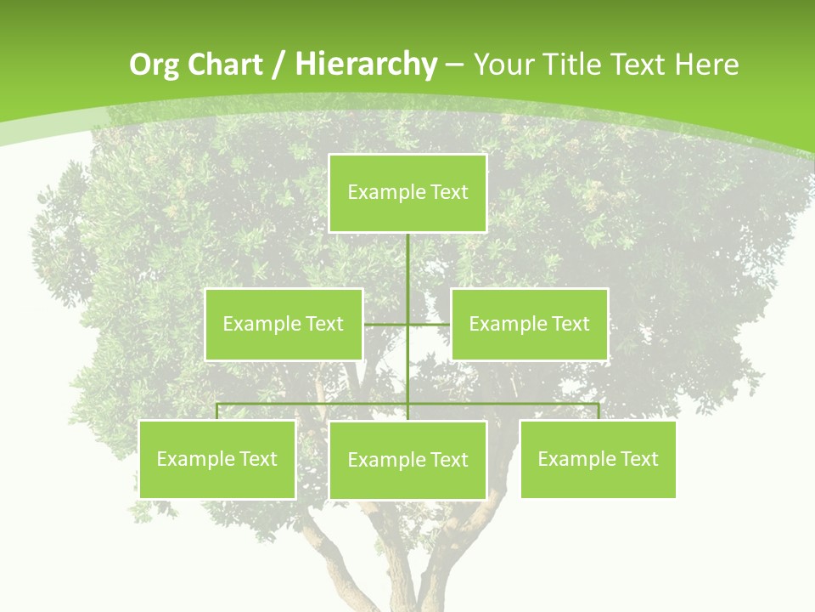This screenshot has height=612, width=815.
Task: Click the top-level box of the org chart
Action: tap(407, 193)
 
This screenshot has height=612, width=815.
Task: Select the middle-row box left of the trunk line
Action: tap(284, 324)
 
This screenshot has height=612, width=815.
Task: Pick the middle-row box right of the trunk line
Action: tap(529, 324)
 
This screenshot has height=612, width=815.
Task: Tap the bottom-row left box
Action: tap(216, 459)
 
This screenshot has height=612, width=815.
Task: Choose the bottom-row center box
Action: tap(407, 460)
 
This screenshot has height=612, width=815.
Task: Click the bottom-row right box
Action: tap(598, 459)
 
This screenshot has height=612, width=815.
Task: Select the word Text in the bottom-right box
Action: tap(639, 459)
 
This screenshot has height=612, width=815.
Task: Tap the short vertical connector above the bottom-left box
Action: tap(216, 411)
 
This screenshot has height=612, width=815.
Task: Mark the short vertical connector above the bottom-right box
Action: tap(599, 411)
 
